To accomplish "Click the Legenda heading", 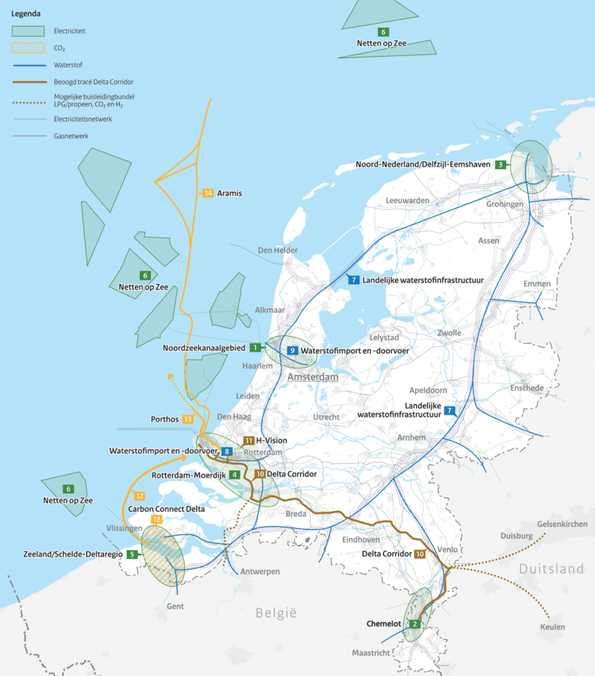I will (x=26, y=14).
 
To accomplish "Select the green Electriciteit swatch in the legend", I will (x=27, y=31).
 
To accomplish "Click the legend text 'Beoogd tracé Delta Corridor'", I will (x=93, y=82).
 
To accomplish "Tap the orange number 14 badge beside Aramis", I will (x=209, y=194).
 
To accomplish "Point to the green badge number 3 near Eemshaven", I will (x=499, y=164).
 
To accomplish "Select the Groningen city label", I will (x=505, y=205).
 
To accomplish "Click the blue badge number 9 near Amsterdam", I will (x=292, y=350).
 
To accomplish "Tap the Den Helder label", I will (x=277, y=250).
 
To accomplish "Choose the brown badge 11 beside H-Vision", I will (x=249, y=441).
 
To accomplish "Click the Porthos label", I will (x=165, y=418).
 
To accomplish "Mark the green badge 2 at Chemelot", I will (x=414, y=624).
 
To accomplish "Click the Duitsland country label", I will (x=552, y=569).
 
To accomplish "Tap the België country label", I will (x=276, y=613).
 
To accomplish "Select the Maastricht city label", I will (x=371, y=653).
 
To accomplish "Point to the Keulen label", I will (x=553, y=627).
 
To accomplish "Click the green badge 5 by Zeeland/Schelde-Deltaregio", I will (x=132, y=554).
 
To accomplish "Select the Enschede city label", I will (x=527, y=388).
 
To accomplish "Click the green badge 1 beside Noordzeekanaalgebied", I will (x=254, y=348).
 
